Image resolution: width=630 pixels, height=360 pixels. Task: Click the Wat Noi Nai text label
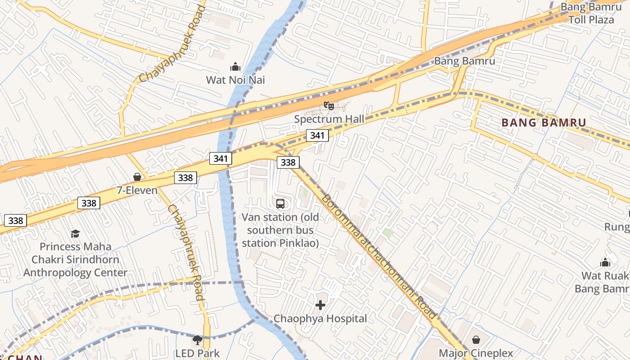(x=235, y=80)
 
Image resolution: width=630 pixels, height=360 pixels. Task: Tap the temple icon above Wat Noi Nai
(x=235, y=67)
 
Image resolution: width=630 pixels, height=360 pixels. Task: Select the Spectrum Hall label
(x=328, y=119)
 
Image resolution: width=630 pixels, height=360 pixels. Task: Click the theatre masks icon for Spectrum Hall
(x=329, y=106)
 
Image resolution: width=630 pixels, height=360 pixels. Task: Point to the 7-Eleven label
(x=137, y=190)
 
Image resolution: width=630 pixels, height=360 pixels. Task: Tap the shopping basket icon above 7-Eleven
(x=137, y=177)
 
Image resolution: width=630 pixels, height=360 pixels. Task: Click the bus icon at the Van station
(x=280, y=204)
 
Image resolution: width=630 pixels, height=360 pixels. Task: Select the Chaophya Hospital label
(x=320, y=319)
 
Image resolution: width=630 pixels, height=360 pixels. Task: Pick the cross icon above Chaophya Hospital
(x=320, y=306)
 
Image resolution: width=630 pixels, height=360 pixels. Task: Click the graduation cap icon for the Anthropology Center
(x=75, y=234)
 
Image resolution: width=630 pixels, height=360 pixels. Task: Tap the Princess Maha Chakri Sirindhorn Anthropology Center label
(x=75, y=260)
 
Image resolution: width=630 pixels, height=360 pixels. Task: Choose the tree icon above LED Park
(x=197, y=340)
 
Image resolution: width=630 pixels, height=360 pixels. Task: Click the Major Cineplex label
(x=476, y=353)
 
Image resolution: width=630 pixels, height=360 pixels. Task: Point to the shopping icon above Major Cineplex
(x=476, y=340)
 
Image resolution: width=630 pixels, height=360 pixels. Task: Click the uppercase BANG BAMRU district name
(x=544, y=123)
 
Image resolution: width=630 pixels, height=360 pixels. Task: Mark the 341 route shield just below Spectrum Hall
(x=317, y=135)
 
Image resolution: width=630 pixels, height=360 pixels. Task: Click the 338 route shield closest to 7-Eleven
(x=185, y=178)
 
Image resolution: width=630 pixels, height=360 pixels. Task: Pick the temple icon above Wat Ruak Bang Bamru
(x=605, y=262)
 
